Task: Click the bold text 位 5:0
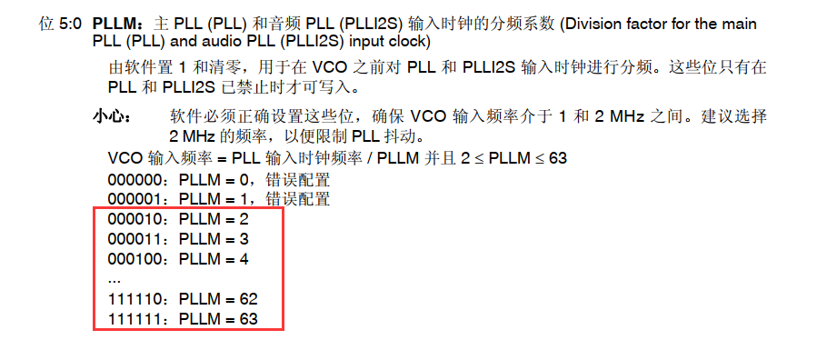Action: (x=61, y=24)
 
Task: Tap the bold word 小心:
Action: (x=113, y=117)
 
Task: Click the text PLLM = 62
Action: (x=218, y=299)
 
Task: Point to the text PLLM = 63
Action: (x=218, y=319)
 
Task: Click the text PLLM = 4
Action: (x=214, y=259)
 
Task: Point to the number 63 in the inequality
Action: (x=558, y=158)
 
